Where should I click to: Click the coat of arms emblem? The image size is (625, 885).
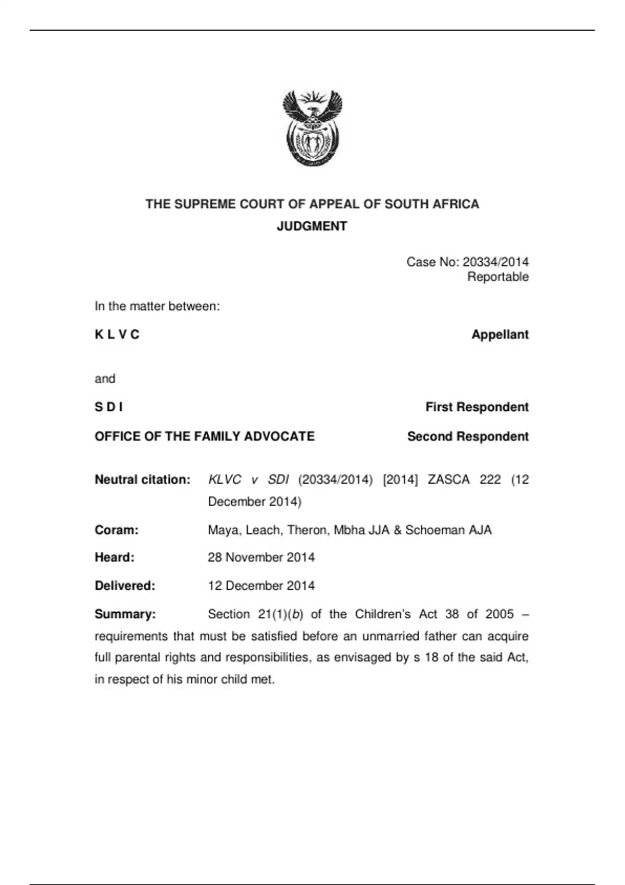(x=312, y=128)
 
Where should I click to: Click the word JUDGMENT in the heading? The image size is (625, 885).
(x=312, y=226)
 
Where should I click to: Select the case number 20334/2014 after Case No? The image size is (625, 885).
(x=495, y=262)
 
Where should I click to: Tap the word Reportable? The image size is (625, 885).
(x=497, y=277)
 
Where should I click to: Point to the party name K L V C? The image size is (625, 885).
(x=117, y=335)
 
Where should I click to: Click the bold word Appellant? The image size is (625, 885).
(x=499, y=335)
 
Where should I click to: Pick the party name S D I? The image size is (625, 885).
(x=109, y=407)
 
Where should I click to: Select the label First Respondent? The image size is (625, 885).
(x=477, y=407)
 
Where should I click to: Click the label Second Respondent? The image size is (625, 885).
(x=468, y=436)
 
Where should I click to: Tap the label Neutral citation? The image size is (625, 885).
(x=143, y=479)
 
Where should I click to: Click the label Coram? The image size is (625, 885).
(x=117, y=530)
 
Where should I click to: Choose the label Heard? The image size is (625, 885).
(x=115, y=558)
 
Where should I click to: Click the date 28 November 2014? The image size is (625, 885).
(x=261, y=558)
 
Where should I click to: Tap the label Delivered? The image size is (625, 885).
(x=125, y=586)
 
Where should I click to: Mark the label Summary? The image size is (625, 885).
(x=125, y=614)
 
